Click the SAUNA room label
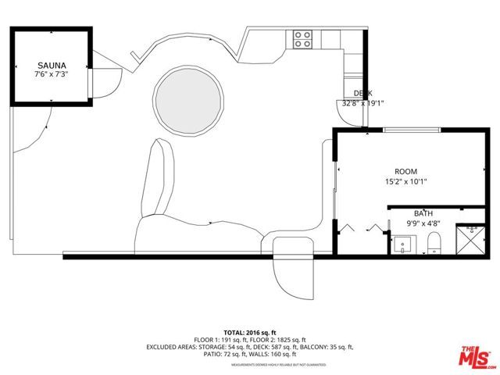[52, 66]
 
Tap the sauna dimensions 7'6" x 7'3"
[52, 75]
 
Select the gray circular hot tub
[185, 99]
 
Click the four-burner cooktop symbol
[303, 39]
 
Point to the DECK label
[362, 93]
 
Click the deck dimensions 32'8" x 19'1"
[362, 103]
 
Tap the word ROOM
[405, 171]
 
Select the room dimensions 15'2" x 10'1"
[405, 181]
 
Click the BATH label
[423, 213]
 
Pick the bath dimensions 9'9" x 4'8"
[423, 223]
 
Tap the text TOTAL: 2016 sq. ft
[250, 332]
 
